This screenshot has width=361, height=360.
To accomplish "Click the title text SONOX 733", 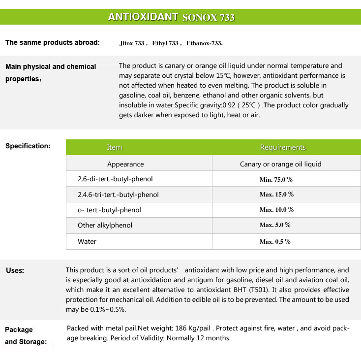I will click(208, 18).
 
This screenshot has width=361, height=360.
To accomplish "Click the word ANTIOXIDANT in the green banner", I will click(143, 17).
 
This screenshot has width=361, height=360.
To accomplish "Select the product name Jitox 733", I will click(132, 43).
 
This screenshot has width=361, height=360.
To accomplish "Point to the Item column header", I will click(114, 147).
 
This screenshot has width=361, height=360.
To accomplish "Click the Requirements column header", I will click(283, 147).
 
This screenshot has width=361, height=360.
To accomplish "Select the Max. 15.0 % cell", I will click(276, 195).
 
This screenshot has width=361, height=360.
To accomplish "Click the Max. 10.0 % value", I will click(276, 210).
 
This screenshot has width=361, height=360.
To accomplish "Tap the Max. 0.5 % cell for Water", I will click(275, 241).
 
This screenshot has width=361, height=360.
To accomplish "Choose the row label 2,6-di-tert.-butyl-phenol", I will click(112, 179).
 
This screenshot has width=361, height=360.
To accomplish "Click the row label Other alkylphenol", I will click(105, 225).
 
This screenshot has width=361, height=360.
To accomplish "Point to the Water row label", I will click(87, 241).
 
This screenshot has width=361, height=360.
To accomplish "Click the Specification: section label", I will click(28, 146).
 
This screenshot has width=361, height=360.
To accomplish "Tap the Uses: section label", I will click(15, 270).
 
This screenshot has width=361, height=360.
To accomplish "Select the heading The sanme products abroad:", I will click(52, 42).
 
